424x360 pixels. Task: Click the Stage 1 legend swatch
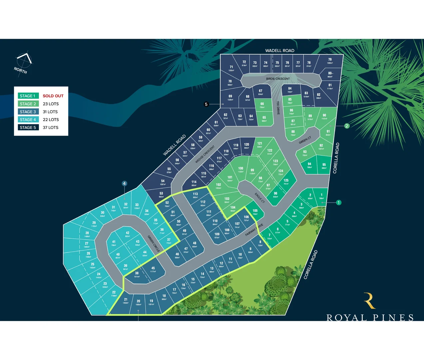click(28, 96)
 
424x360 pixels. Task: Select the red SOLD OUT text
click(53, 96)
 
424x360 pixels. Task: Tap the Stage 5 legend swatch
click(28, 127)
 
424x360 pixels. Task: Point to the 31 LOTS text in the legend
click(50, 112)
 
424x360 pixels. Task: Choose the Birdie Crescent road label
click(278, 79)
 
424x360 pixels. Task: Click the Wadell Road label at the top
click(280, 51)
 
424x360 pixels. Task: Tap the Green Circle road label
click(154, 244)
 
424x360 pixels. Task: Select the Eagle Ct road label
click(260, 198)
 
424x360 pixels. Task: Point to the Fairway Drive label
click(254, 230)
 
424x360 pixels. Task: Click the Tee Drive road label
click(278, 108)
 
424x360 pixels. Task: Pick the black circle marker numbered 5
click(206, 104)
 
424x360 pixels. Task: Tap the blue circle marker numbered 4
click(124, 183)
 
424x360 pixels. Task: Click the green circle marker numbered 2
click(347, 126)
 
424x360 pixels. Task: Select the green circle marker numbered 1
click(339, 202)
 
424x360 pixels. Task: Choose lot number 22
click(114, 293)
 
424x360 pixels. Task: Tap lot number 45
click(153, 269)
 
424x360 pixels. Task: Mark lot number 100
click(240, 169)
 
